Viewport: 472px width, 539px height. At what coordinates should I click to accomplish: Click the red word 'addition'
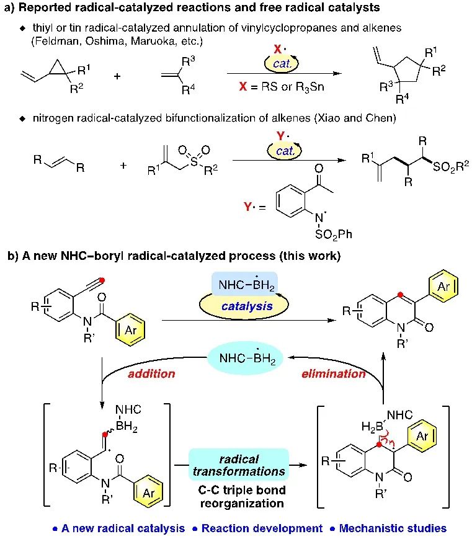(151, 374)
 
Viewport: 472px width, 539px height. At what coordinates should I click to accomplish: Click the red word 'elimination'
(336, 373)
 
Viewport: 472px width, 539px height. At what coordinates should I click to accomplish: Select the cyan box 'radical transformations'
(239, 465)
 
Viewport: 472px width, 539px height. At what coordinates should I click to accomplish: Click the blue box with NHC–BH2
(245, 283)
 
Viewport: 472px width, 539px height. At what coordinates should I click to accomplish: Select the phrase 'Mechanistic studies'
(393, 528)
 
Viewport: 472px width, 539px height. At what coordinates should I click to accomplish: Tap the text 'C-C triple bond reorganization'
(239, 496)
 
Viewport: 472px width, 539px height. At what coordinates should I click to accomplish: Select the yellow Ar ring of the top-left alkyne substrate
(131, 329)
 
